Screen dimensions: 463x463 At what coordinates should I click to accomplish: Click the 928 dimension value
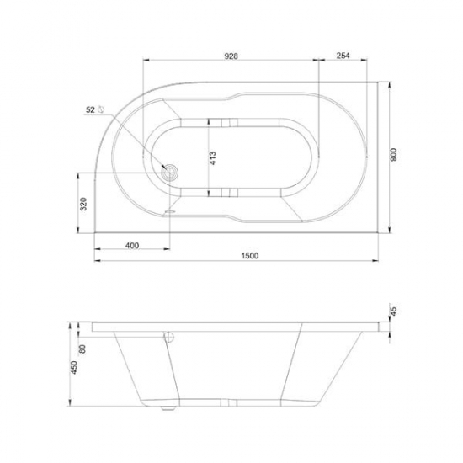tap(231, 56)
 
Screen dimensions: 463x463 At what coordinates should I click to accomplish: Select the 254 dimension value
tap(343, 56)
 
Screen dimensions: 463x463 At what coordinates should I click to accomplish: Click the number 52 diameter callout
tap(90, 109)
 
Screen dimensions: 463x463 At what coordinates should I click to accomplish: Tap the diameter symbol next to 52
tap(101, 109)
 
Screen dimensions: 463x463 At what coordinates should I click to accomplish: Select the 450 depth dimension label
tap(73, 368)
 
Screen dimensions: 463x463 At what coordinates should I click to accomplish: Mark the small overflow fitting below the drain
tap(171, 211)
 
